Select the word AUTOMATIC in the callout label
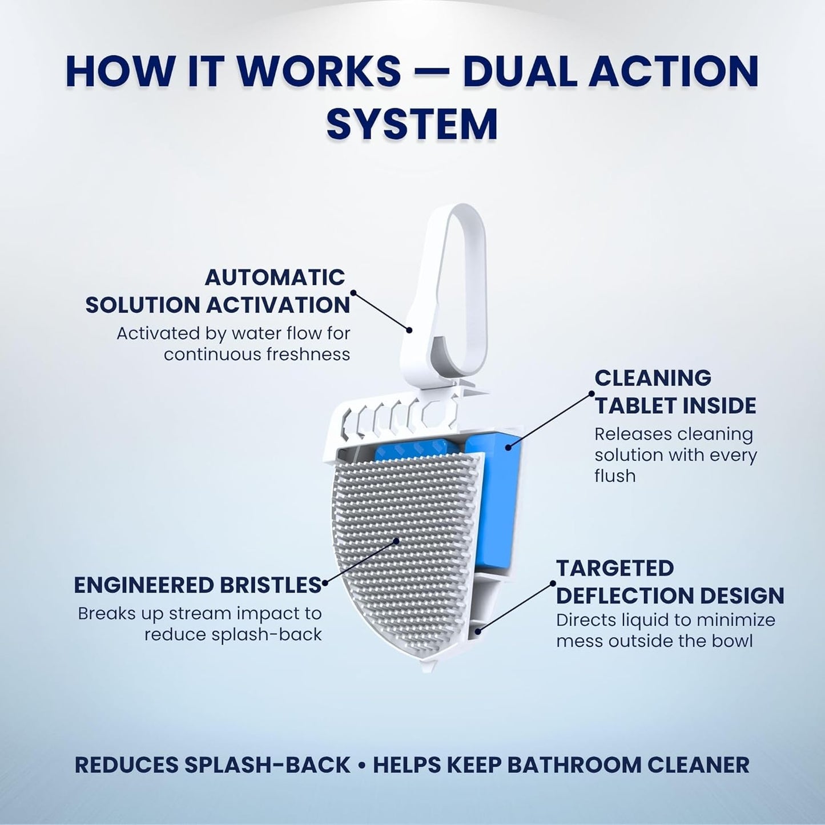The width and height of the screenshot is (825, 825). (x=275, y=277)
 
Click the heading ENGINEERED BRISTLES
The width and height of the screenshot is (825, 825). (x=198, y=585)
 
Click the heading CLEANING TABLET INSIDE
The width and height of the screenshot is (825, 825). (x=675, y=392)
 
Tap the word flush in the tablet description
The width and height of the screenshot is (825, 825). (x=615, y=476)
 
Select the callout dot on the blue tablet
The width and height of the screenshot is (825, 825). (x=508, y=448)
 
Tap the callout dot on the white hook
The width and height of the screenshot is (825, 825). (x=409, y=330)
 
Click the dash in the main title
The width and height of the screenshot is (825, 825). (x=432, y=72)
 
